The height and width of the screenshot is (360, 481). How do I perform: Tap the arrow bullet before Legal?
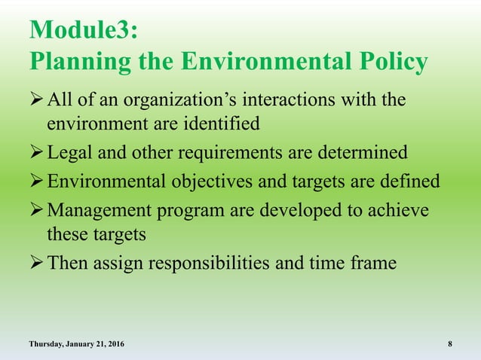pyautogui.click(x=37, y=153)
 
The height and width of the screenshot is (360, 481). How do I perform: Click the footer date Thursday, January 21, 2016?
pyautogui.click(x=77, y=344)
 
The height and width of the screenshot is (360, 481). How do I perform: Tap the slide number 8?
pyautogui.click(x=450, y=344)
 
